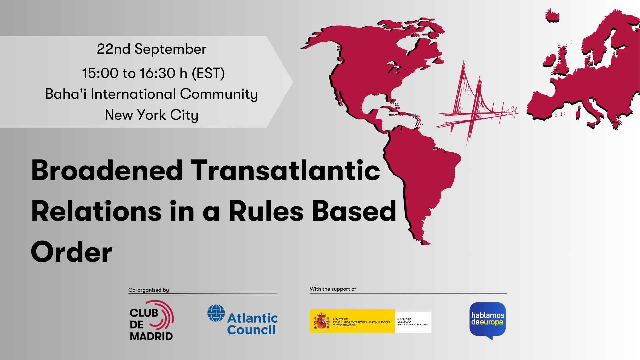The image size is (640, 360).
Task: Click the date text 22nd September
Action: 152,49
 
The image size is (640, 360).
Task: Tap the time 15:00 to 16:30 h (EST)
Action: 153,73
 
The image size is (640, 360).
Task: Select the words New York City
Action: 152,115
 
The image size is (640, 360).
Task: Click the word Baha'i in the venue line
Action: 66,94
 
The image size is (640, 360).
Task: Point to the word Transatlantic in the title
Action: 285,171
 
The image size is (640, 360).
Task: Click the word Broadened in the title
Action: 107,171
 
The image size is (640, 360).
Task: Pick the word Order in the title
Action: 72,252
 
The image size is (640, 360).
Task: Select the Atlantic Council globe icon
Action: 216,313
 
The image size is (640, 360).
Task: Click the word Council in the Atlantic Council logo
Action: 251,330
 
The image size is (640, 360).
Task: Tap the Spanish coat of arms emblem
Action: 321,321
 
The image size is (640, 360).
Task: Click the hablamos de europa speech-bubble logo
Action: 487,320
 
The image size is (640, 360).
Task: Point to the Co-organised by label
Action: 149,290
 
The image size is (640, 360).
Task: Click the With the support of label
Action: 333,289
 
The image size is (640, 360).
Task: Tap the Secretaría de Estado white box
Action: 413,322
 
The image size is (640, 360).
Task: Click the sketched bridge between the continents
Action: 473,103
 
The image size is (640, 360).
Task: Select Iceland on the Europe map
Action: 552,16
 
